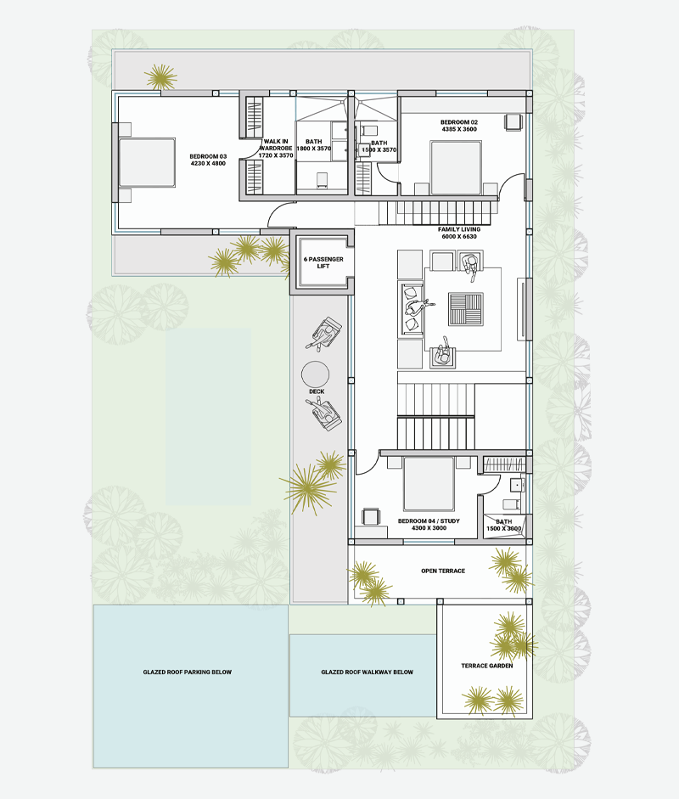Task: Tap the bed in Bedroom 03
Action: point(147,162)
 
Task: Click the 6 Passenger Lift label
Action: point(323,262)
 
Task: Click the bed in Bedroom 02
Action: point(456,167)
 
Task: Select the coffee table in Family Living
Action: point(466,309)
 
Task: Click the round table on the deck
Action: point(315,374)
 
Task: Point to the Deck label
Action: point(317,391)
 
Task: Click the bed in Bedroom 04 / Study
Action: point(429,484)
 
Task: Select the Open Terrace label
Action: point(443,571)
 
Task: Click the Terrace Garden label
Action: point(486,666)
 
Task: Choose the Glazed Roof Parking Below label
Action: point(187,672)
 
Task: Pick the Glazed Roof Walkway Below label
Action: point(367,672)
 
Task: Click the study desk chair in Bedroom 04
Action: point(370,516)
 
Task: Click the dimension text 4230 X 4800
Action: point(208,164)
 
